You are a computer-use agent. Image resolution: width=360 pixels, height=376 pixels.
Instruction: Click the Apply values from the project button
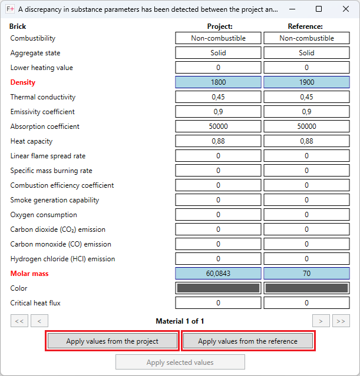pyautogui.click(x=112, y=341)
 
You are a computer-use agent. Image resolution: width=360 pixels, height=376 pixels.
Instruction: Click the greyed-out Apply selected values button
pyautogui.click(x=180, y=362)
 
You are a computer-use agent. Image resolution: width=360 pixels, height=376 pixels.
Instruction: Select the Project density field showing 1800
pyautogui.click(x=218, y=82)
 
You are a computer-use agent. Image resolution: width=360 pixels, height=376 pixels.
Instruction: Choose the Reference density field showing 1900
pyautogui.click(x=306, y=82)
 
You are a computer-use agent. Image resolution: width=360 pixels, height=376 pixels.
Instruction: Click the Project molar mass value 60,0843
pyautogui.click(x=218, y=274)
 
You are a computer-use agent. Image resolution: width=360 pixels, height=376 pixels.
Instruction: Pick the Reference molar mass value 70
pyautogui.click(x=306, y=274)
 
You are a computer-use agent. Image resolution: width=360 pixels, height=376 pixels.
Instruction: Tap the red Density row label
pyautogui.click(x=23, y=82)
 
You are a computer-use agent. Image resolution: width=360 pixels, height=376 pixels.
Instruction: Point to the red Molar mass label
pyautogui.click(x=29, y=274)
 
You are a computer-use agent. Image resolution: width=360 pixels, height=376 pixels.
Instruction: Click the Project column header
pyautogui.click(x=220, y=26)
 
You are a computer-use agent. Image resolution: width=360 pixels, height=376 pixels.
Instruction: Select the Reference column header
pyautogui.click(x=305, y=26)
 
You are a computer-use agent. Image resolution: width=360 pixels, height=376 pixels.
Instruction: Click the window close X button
pyautogui.click(x=345, y=9)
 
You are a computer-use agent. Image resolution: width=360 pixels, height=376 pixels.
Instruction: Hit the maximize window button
pyautogui.click(x=319, y=9)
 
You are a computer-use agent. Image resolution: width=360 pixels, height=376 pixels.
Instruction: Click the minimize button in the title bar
pyautogui.click(x=292, y=9)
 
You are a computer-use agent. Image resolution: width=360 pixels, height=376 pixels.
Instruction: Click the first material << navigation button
pyautogui.click(x=19, y=321)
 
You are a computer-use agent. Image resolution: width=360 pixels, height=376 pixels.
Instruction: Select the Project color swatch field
pyautogui.click(x=218, y=288)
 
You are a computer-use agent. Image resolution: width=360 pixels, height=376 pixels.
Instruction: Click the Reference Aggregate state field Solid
pyautogui.click(x=306, y=53)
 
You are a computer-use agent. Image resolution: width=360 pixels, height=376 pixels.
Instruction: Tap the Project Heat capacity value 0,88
pyautogui.click(x=218, y=141)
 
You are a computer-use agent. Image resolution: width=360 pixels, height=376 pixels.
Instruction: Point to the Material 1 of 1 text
pyautogui.click(x=180, y=321)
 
